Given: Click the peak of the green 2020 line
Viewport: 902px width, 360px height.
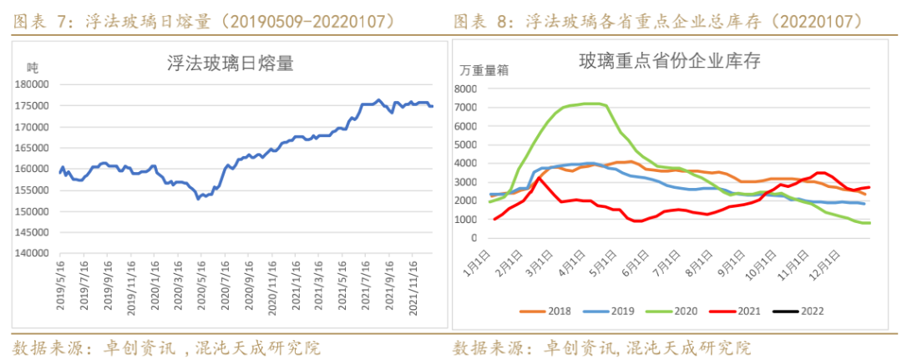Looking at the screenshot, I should (590, 104).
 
